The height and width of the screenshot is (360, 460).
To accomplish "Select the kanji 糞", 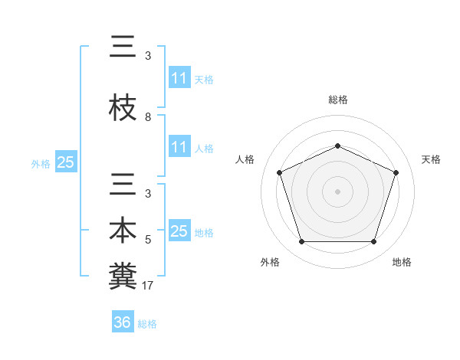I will (x=123, y=274).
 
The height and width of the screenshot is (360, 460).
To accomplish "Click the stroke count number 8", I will (x=148, y=117).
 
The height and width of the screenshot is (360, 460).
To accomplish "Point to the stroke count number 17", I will (x=149, y=286).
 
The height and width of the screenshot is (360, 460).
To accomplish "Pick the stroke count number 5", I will (x=148, y=240).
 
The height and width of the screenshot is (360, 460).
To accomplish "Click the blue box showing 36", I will (x=123, y=322).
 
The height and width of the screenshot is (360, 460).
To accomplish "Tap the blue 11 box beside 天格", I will (x=179, y=78).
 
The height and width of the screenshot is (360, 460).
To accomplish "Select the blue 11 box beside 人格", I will (x=179, y=147).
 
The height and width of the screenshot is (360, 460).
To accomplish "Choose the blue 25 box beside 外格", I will (x=65, y=162).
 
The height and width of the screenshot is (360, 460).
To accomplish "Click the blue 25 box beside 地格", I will (x=179, y=231).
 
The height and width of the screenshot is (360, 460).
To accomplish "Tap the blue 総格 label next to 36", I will (x=147, y=324).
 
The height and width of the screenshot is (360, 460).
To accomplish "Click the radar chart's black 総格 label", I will (x=338, y=100).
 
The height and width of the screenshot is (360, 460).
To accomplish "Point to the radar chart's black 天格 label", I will (x=431, y=159).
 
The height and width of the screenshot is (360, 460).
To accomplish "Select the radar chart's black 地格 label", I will (x=402, y=262).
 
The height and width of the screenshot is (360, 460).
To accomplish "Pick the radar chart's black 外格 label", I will (x=270, y=262).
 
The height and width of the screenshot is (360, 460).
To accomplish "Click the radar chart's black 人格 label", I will (x=245, y=159).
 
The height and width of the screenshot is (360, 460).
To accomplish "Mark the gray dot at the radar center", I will (x=337, y=191).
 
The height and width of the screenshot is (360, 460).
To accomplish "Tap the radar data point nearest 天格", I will (x=396, y=172).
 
